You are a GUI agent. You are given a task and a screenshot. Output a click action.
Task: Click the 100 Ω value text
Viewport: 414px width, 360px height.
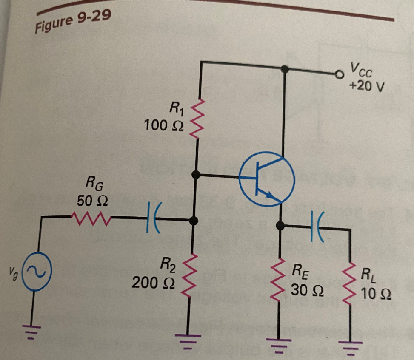point(163,125)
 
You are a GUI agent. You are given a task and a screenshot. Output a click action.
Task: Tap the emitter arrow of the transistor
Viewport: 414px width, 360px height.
point(269,195)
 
